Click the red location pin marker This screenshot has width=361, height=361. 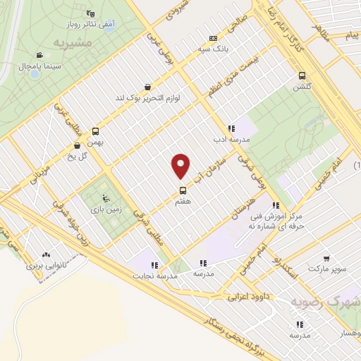coord(181,166)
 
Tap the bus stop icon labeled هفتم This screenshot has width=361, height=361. coord(183,190)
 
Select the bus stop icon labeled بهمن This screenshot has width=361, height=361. coord(95,130)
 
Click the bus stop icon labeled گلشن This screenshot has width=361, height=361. coord(302,76)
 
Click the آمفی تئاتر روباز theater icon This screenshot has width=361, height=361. coord(90,13)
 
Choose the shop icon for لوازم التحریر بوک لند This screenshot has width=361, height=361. coord(146,87)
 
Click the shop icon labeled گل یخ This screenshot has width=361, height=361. coord(77,146)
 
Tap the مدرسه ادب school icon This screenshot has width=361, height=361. coord(231,129)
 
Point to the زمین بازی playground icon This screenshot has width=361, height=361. coord(106,198)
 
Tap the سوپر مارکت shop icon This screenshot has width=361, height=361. coord(326,259)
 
